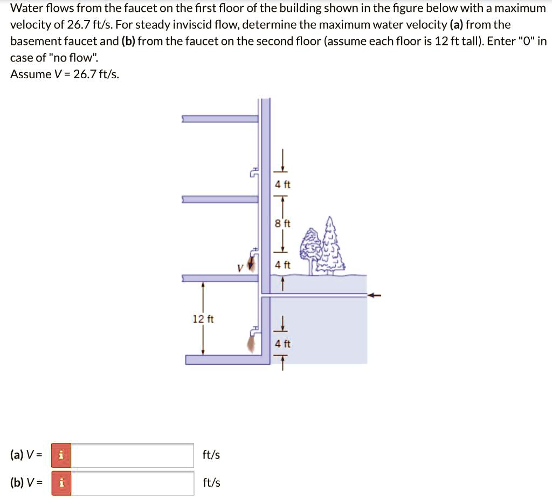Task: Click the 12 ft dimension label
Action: (203, 319)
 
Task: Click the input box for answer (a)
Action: (133, 455)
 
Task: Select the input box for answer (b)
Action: (133, 482)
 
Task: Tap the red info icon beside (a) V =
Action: (61, 455)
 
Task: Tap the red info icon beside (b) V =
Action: (61, 482)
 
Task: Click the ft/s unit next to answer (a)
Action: (211, 455)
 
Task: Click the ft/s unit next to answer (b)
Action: (211, 482)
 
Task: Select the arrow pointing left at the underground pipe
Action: (375, 295)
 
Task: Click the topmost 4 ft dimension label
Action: (282, 185)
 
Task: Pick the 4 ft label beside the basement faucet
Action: (282, 343)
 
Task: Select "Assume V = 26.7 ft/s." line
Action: (65, 74)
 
